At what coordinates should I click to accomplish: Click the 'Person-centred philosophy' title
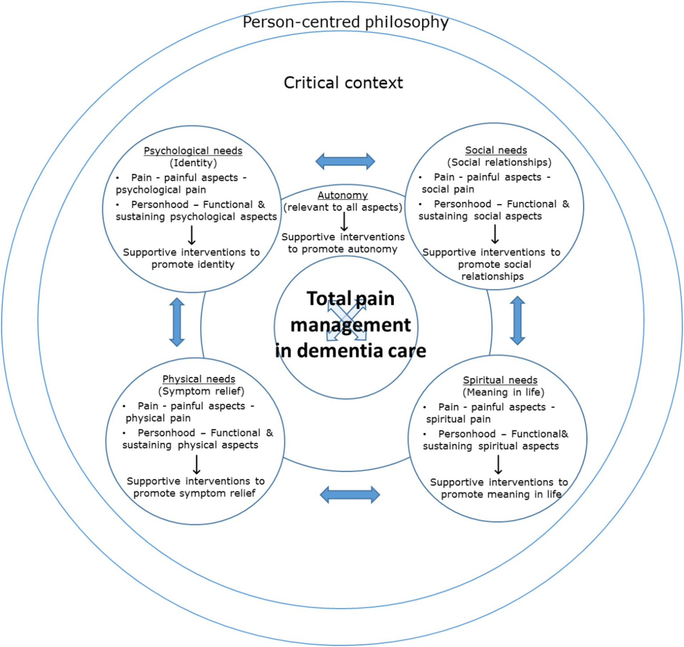(x=345, y=22)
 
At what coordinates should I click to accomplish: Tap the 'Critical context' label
(x=343, y=83)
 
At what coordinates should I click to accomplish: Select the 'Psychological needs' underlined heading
(x=193, y=151)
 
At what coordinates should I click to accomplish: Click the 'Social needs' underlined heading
(x=496, y=150)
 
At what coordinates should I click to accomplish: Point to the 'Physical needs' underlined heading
(x=199, y=379)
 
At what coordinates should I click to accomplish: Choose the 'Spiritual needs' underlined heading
(x=500, y=380)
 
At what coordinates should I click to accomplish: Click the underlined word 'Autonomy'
(x=343, y=195)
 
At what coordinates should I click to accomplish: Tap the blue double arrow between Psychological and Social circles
(x=345, y=161)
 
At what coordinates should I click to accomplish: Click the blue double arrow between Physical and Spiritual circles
(x=350, y=494)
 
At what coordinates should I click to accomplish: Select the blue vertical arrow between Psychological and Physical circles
(x=177, y=322)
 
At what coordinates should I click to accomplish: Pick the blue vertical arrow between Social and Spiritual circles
(x=517, y=320)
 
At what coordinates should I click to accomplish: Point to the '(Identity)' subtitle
(x=193, y=163)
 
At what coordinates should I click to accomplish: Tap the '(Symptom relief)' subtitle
(x=201, y=391)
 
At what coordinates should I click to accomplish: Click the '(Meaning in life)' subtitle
(x=504, y=393)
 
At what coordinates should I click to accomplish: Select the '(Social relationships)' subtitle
(x=499, y=162)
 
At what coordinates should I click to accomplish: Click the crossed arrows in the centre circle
(x=346, y=320)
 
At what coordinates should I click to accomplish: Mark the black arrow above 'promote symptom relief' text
(x=197, y=465)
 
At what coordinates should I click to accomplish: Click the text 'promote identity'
(x=193, y=265)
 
